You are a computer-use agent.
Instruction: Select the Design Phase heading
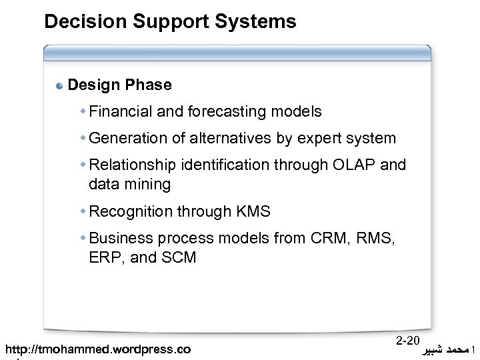tap(120, 85)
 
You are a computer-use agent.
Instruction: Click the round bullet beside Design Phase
tap(60, 86)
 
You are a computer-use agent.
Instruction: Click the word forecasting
tap(218, 112)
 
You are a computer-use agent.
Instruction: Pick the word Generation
tap(128, 139)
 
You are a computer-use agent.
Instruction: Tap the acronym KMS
tap(253, 212)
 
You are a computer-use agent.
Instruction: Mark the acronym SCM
tap(178, 257)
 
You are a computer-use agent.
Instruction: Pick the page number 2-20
tap(407, 341)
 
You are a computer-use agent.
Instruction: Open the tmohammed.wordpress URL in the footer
tap(97, 349)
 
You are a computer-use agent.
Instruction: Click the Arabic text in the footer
tap(446, 349)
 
